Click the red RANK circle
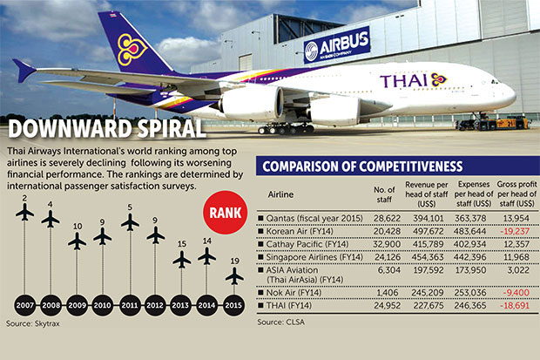click(226, 213)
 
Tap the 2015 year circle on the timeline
click(233, 305)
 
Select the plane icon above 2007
click(24, 212)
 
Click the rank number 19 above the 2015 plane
click(234, 261)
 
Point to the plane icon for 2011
click(130, 222)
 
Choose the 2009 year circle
click(78, 305)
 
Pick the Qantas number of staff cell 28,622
click(387, 218)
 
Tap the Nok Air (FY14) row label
click(294, 293)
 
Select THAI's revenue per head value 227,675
click(428, 305)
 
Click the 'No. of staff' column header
click(384, 194)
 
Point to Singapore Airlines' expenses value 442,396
click(470, 257)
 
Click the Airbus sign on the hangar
click(337, 44)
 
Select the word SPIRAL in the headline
click(172, 129)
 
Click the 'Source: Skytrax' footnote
click(33, 323)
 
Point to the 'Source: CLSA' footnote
click(281, 322)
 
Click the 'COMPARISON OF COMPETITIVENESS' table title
click(362, 166)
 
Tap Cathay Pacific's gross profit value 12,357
click(516, 244)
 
